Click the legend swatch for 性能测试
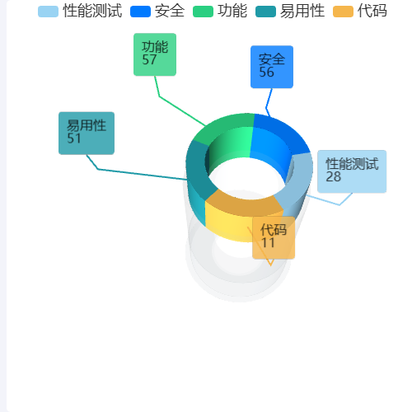pyautogui.click(x=48, y=12)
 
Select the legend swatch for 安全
pyautogui.click(x=140, y=12)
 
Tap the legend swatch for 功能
pyautogui.click(x=203, y=12)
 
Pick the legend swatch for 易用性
pyautogui.click(x=265, y=12)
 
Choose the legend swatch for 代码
pyautogui.click(x=343, y=12)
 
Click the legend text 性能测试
pyautogui.click(x=92, y=11)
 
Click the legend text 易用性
pyautogui.click(x=302, y=11)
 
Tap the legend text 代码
pyautogui.click(x=372, y=11)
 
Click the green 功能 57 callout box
pyautogui.click(x=155, y=54)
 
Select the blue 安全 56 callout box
pyautogui.click(x=272, y=67)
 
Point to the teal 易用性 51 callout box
pyautogui.click(x=87, y=133)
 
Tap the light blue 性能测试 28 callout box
pyautogui.click(x=352, y=171)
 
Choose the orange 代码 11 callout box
pyautogui.click(x=274, y=238)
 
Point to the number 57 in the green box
pyautogui.click(x=149, y=59)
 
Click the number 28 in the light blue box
pyautogui.click(x=333, y=176)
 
